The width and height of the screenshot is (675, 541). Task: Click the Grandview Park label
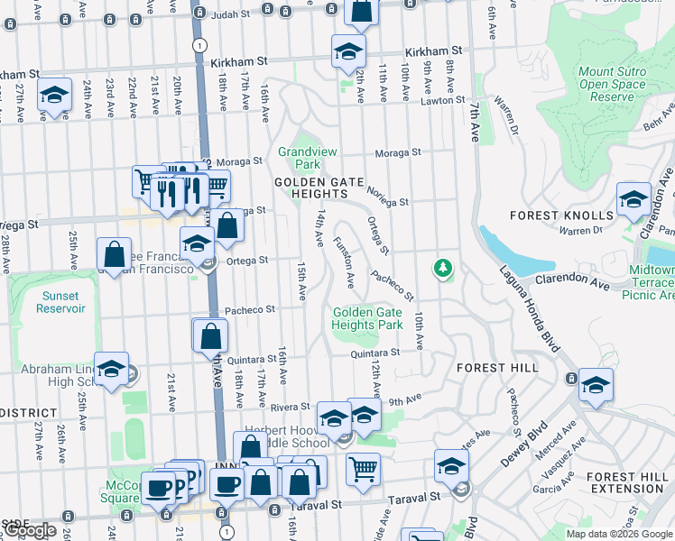(x=300, y=158)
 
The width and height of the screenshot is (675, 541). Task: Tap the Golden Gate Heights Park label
(x=367, y=318)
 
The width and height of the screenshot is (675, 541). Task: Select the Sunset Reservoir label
(x=61, y=301)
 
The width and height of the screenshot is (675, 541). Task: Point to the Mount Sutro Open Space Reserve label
(x=612, y=85)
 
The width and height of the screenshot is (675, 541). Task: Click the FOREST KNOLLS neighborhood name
(x=561, y=215)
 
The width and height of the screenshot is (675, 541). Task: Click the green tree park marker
(x=442, y=267)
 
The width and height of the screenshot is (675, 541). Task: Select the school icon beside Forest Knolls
(x=633, y=198)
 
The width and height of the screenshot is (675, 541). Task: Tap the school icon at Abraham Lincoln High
(x=111, y=368)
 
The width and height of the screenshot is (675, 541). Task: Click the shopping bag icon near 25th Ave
(x=115, y=254)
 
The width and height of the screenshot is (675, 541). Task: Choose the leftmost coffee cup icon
(x=158, y=488)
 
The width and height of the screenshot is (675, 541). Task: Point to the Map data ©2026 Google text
(x=619, y=534)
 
